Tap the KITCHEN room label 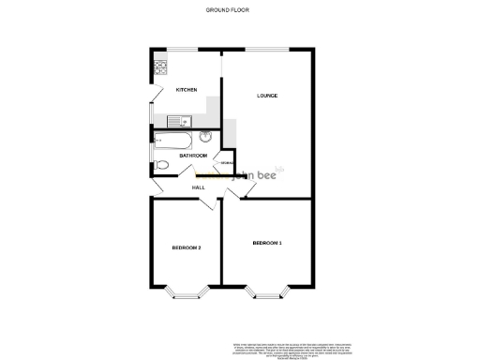point(187,90)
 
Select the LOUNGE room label point(268,96)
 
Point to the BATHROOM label point(179,155)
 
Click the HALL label point(199,187)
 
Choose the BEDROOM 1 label point(267,244)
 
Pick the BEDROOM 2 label point(186,247)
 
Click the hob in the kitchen point(160,67)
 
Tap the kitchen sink point(179,120)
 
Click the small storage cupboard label point(227,163)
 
